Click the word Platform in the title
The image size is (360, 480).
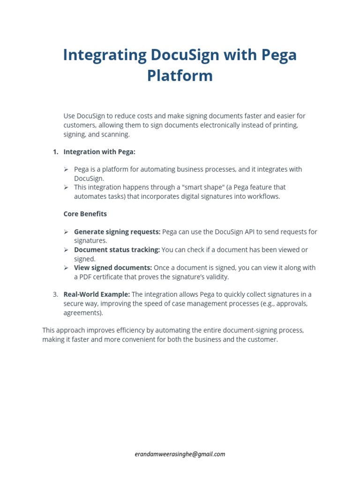point(180,75)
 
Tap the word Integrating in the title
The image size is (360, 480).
point(105,55)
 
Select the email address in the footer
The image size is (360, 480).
point(180,454)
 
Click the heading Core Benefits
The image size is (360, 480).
point(85,214)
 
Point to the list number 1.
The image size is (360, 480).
point(55,152)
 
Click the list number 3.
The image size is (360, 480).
point(55,294)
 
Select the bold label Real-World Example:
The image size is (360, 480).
point(97,294)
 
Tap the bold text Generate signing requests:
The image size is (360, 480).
point(117,232)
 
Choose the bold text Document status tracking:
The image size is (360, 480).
point(117,250)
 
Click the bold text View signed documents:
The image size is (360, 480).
point(113,268)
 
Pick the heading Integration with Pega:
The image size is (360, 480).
point(99,152)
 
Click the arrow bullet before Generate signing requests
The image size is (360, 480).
point(66,232)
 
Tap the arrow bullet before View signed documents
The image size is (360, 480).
point(66,268)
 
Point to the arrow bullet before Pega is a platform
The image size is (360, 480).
point(66,169)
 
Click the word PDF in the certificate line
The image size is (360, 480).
point(87,277)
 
